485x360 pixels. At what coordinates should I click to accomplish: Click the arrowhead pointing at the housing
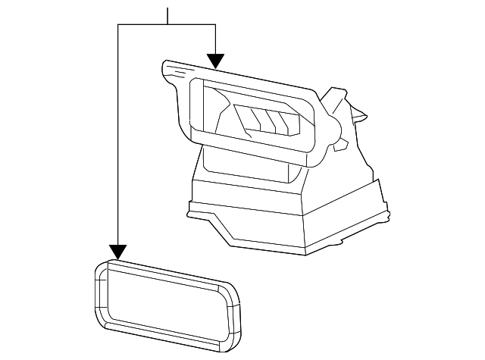click(216, 61)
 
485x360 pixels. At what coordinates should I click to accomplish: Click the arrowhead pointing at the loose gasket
click(117, 252)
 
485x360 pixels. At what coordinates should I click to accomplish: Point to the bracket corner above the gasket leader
click(118, 24)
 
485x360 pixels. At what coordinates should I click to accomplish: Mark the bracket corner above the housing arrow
click(216, 24)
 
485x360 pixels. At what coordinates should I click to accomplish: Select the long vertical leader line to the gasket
click(118, 136)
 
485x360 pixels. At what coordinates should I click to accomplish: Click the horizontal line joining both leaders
click(167, 24)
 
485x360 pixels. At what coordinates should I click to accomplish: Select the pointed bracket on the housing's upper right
click(341, 102)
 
